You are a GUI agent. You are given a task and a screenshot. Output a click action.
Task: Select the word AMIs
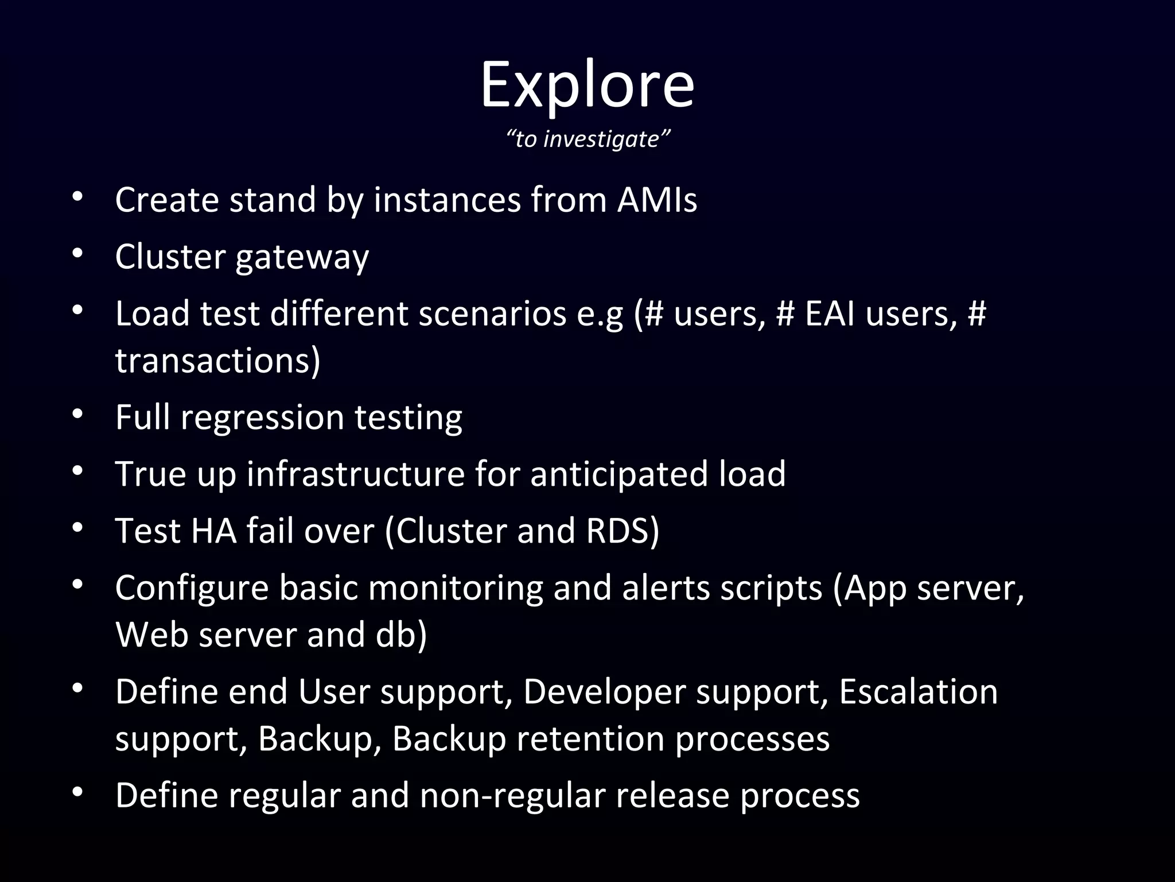pos(657,200)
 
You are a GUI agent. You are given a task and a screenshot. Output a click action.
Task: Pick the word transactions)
pos(218,361)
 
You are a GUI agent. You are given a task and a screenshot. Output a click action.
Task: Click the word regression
pos(262,417)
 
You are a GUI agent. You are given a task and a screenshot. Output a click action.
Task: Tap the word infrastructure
pos(356,474)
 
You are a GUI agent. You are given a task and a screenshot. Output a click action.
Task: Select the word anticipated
pos(620,474)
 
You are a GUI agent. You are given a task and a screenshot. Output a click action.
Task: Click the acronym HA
pos(213,531)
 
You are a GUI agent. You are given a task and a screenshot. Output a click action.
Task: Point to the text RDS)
pos(623,531)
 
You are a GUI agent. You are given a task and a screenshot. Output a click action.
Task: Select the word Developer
pos(604,692)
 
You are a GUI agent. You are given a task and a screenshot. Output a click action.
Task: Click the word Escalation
pos(919,692)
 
